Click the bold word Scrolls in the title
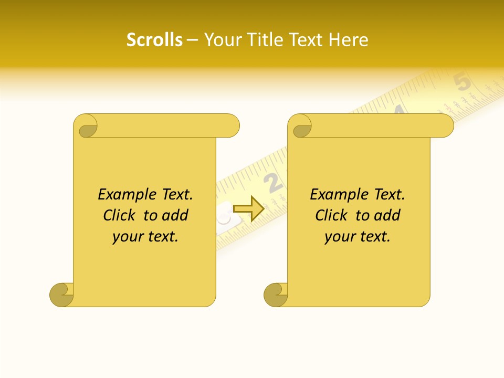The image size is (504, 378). coord(154,40)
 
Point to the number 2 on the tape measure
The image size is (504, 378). coord(273,182)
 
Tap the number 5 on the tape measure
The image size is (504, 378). coord(462,82)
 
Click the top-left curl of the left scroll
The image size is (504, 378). coord(86,127)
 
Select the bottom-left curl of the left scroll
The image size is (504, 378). coord(61,294)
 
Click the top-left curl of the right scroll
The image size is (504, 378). coord(300,127)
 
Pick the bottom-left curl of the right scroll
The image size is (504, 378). coord(275,294)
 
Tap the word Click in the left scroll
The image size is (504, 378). coord(119,215)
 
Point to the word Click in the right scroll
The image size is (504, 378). coord(331,215)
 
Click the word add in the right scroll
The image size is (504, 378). coord(387,215)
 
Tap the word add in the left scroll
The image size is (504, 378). coord(175,215)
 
